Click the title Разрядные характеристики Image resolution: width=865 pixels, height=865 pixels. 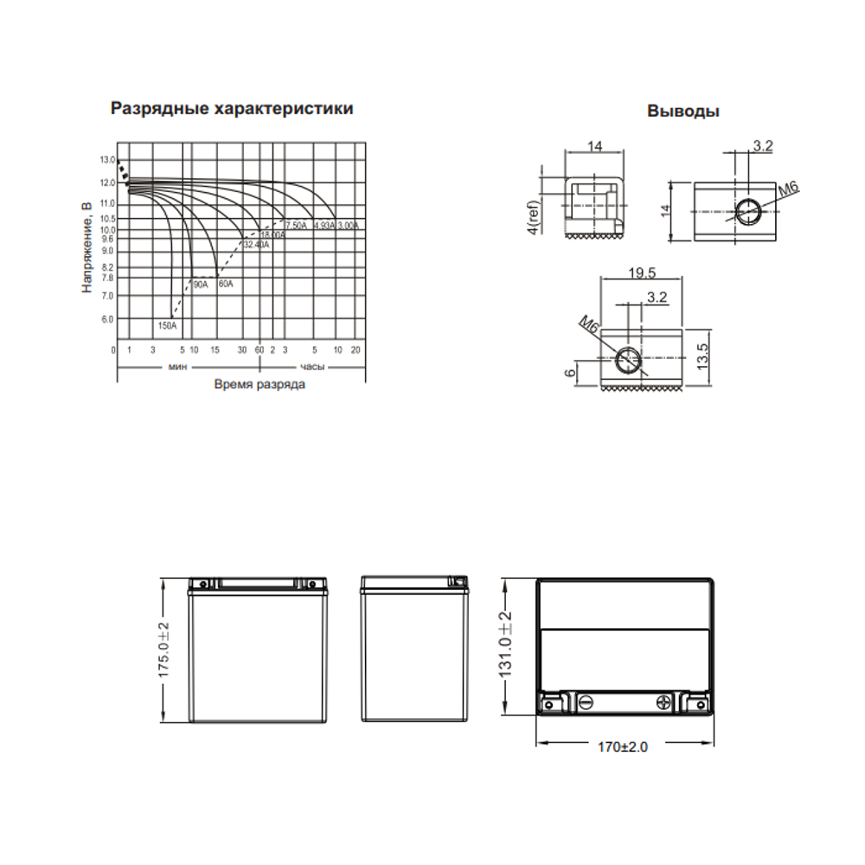tap(232, 109)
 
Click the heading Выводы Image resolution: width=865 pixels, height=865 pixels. tap(682, 112)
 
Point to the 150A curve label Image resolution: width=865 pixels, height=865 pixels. tap(167, 326)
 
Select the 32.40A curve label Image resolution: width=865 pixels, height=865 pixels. tap(256, 245)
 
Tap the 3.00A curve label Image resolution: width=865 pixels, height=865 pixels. tap(348, 225)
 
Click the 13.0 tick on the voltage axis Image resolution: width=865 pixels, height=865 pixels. tap(107, 161)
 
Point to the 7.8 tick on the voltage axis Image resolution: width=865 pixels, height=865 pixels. tap(107, 278)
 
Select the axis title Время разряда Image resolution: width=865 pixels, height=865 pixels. tap(259, 384)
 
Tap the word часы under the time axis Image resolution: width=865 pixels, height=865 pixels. tap(312, 368)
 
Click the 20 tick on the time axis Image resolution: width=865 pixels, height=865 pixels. tap(356, 349)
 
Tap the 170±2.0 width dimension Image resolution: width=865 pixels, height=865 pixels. tap(622, 746)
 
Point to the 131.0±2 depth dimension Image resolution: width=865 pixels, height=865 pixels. tap(507, 645)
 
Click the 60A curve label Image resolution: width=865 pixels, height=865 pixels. tap(226, 284)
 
